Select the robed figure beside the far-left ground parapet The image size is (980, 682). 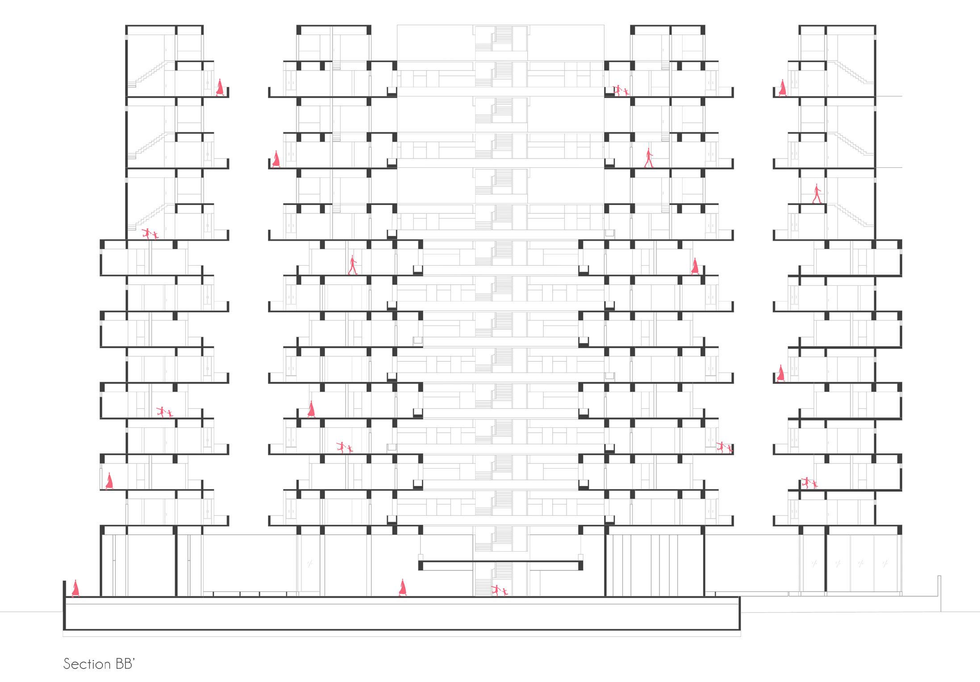coord(75,588)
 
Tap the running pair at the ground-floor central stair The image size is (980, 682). coord(499,590)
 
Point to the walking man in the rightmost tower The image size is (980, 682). coord(817,194)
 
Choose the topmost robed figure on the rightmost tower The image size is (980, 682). coord(782,88)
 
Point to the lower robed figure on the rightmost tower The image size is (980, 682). coord(780,373)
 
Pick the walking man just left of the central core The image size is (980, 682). coord(353,265)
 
